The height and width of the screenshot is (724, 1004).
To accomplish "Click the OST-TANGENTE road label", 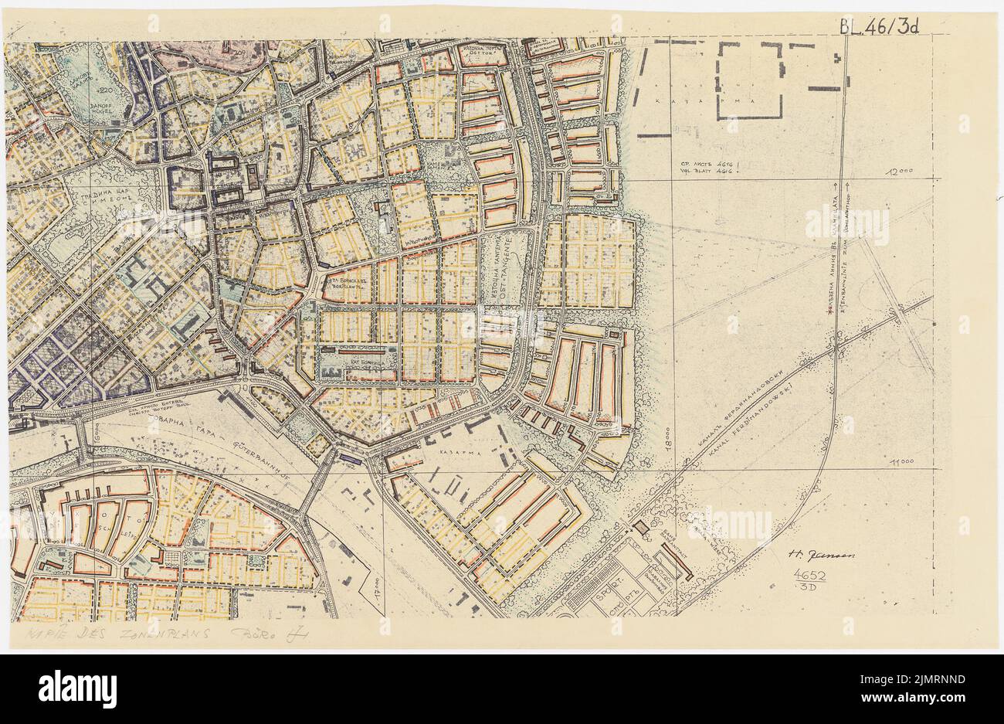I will pos(507,275).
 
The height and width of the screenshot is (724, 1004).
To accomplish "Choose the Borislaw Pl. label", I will pos(344,283).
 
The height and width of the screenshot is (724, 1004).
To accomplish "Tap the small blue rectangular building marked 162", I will pos(347,458).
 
